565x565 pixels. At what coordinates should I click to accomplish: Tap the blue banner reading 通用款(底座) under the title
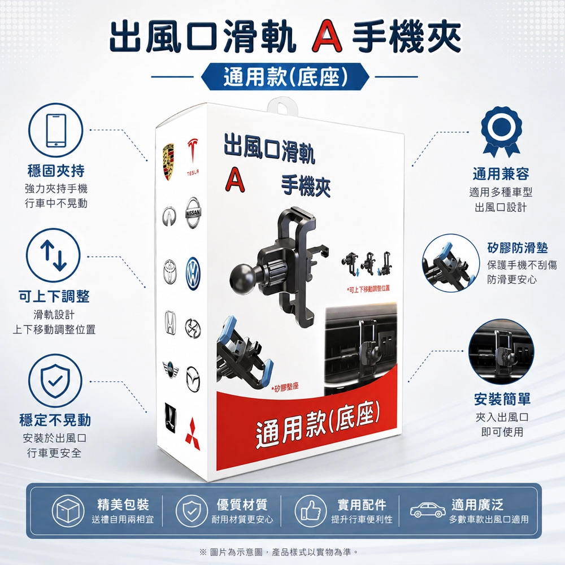[x=285, y=77]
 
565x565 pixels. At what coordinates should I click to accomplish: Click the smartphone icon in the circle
[x=56, y=131]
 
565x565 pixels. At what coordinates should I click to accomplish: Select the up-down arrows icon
[x=53, y=255]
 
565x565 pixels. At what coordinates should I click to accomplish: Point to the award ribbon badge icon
[x=501, y=132]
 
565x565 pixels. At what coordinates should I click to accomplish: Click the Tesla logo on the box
[x=193, y=156]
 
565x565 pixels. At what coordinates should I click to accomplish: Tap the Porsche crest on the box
[x=168, y=162]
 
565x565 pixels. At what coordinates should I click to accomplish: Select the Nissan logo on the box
[x=193, y=212]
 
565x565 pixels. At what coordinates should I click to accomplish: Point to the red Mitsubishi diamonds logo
[x=193, y=434]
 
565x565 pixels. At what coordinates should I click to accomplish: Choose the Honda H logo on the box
[x=170, y=323]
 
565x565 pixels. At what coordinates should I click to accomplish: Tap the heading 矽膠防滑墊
[x=518, y=248]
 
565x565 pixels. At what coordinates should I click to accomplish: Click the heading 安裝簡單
[x=502, y=399]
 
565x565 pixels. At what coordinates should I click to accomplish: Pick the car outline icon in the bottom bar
[x=427, y=510]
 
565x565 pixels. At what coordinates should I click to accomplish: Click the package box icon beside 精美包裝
[x=68, y=511]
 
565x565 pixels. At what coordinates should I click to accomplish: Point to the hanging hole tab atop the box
[x=282, y=106]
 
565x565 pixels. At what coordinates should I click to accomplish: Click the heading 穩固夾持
[x=56, y=171]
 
